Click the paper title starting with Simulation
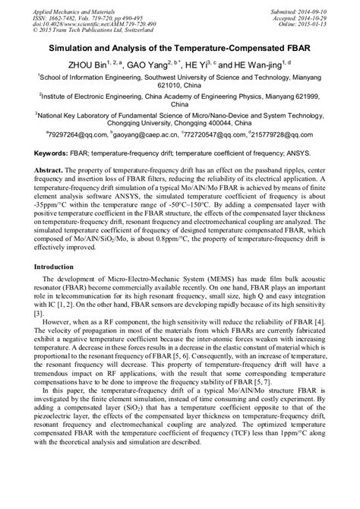point(180,47)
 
